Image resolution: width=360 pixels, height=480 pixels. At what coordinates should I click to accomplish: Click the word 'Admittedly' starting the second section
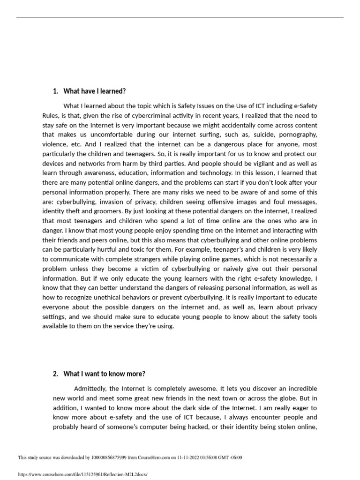(90, 389)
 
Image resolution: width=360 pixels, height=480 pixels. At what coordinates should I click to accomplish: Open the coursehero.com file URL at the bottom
(82, 474)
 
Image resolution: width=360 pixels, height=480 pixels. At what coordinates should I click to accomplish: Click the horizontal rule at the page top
(180, 18)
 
